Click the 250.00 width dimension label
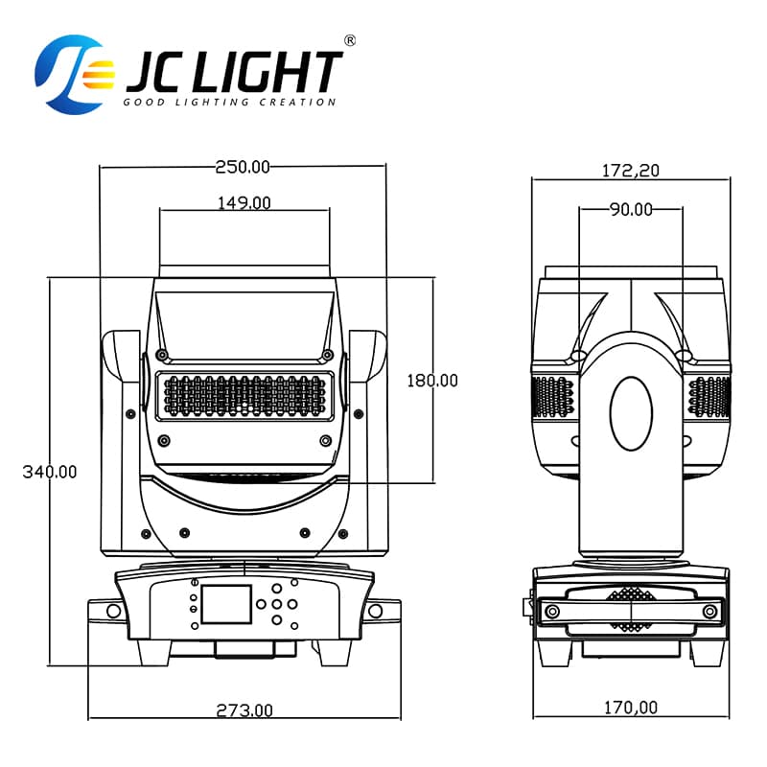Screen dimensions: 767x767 (x=243, y=167)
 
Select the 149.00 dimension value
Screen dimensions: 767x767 (x=244, y=202)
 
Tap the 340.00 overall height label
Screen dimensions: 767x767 (x=50, y=472)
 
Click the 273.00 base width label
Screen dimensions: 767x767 (x=244, y=710)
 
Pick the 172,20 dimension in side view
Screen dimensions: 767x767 (x=631, y=171)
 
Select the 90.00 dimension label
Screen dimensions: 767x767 (x=631, y=209)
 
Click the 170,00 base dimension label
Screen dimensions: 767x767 (x=631, y=708)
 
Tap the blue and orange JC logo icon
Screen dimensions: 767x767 (x=69, y=75)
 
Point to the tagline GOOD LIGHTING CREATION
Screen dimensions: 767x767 (x=230, y=102)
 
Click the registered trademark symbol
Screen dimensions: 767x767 (x=350, y=40)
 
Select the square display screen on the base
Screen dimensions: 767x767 (x=226, y=606)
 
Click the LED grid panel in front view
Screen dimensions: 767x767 (x=244, y=395)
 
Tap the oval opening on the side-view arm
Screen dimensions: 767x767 (x=631, y=413)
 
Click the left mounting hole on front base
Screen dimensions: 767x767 (x=113, y=611)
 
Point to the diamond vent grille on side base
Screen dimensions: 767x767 (x=630, y=610)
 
